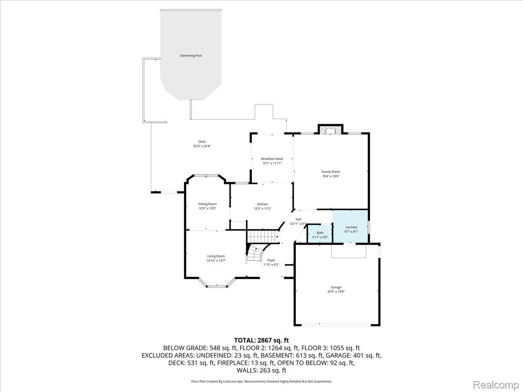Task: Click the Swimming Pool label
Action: (x=190, y=55)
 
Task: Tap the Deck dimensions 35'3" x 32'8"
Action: (x=202, y=146)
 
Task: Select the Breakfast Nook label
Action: (x=272, y=159)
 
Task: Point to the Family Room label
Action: (x=331, y=172)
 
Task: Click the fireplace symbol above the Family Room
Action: (x=330, y=130)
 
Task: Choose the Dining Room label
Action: (x=207, y=204)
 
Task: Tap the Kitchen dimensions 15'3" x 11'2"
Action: (x=262, y=209)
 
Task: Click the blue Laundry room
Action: (x=350, y=226)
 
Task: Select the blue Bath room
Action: (x=320, y=234)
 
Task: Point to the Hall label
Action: (x=298, y=219)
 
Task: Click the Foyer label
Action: (x=271, y=260)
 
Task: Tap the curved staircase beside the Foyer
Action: (x=257, y=253)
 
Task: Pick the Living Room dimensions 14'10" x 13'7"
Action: (x=216, y=260)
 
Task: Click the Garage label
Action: (x=336, y=287)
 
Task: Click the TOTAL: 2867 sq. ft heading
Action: (x=261, y=340)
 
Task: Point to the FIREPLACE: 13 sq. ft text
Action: (x=246, y=363)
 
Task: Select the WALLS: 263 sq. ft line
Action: (x=261, y=370)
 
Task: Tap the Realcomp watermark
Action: (x=496, y=385)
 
